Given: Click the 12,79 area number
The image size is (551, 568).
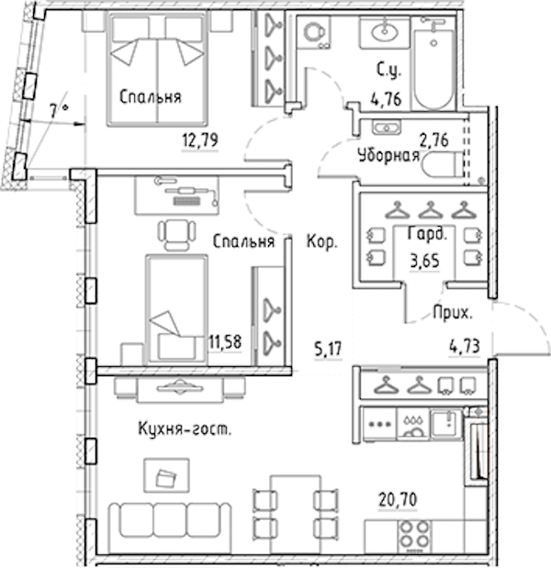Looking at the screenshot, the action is pos(200,139).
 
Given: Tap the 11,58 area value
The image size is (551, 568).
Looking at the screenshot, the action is pos(225,342).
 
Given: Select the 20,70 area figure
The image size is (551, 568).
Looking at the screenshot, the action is pos(398,500).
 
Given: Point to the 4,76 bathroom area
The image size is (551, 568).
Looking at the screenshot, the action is pos(386,98).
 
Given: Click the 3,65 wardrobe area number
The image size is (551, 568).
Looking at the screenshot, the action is pos(424,260).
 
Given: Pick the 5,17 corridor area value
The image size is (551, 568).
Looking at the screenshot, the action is pos(328,350).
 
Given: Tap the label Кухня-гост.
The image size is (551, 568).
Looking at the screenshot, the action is pos(185,429).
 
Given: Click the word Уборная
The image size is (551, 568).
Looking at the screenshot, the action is pos(388,156).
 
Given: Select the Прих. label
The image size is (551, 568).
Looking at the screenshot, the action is pos(453,312).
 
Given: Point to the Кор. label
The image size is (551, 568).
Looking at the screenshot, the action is pos(322,241).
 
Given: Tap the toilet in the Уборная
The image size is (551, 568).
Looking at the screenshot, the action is pos(443,165).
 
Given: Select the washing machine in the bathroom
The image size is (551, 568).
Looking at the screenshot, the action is pos(313,32).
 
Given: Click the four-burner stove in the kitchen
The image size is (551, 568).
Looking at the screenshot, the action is pos(413,537).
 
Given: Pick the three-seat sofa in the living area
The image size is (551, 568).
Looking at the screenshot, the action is pos(170,521).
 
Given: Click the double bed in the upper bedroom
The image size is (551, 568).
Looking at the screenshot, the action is pos(157,69).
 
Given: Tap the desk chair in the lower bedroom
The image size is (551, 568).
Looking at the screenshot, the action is pos(177,234).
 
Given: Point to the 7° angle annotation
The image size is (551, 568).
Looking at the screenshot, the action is pos(59,110).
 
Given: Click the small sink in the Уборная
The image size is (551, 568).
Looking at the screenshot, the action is pos(387,128).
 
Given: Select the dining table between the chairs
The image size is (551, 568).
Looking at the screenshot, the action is pos(296,515).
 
